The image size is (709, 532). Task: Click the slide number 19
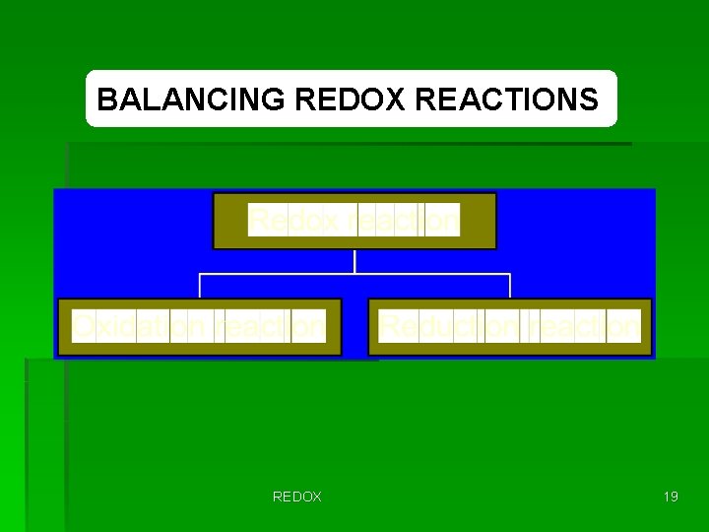click(671, 497)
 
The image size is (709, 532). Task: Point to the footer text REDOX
click(296, 497)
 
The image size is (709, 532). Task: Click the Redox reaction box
click(354, 221)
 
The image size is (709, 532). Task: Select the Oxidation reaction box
click(200, 326)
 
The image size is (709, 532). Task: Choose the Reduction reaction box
click(510, 326)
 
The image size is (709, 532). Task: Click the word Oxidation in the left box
click(143, 326)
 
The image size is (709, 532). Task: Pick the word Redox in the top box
click(288, 220)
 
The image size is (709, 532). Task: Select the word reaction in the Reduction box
click(581, 326)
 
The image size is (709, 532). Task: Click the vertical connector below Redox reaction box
click(354, 261)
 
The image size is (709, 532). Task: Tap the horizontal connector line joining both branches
click(354, 274)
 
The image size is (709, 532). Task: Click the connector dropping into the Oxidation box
click(201, 286)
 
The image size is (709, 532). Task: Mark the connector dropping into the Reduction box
click(510, 286)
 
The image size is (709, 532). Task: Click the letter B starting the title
click(106, 100)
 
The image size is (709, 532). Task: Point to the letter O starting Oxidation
click(83, 326)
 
